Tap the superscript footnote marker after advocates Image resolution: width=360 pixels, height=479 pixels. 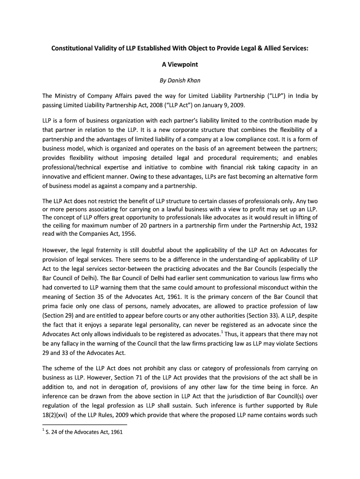click(221, 332)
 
